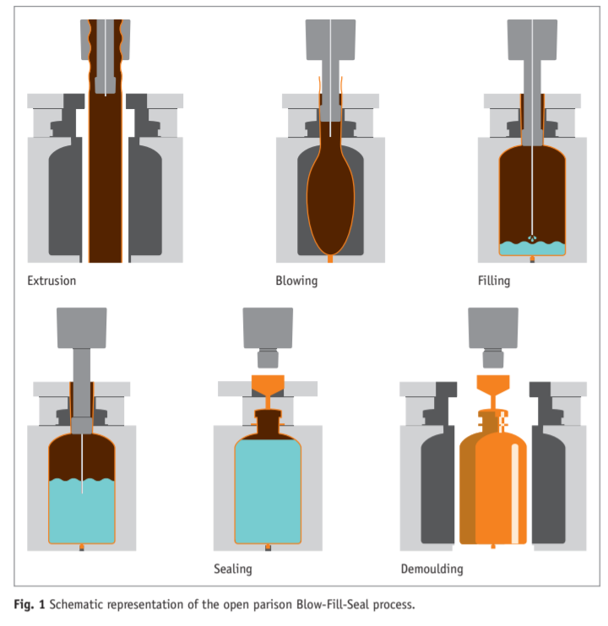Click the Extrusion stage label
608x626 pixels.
52,280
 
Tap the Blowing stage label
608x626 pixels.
296,280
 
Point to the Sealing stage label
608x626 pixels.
234,569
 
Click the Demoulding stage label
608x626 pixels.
431,569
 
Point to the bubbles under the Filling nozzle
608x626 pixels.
531,237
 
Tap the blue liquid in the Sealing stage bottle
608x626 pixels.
267,498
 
